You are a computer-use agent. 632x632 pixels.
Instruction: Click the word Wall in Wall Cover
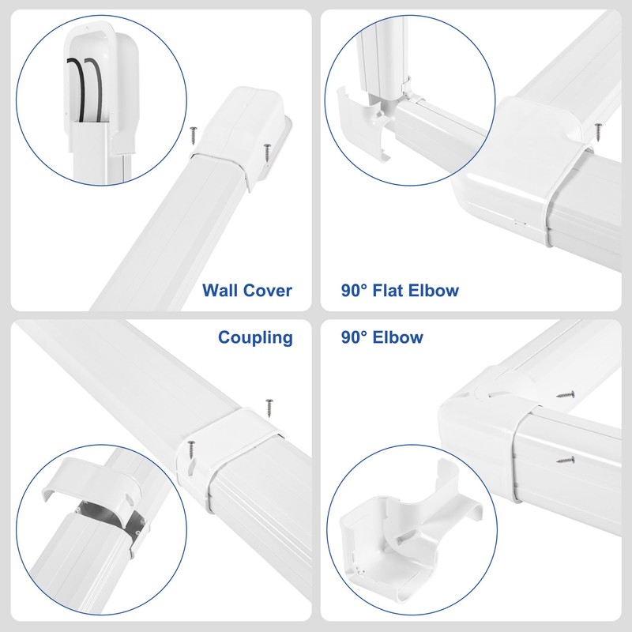click(x=221, y=291)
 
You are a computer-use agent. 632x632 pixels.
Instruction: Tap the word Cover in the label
click(x=267, y=291)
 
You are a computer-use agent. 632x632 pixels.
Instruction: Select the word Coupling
click(x=255, y=338)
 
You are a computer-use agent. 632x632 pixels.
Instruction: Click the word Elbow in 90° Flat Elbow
click(x=434, y=291)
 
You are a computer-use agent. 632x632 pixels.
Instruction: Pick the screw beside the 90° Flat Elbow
click(x=599, y=126)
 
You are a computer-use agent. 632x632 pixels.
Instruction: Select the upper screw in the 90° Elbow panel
click(x=566, y=391)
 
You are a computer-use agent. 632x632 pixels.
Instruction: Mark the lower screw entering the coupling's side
click(x=190, y=448)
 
